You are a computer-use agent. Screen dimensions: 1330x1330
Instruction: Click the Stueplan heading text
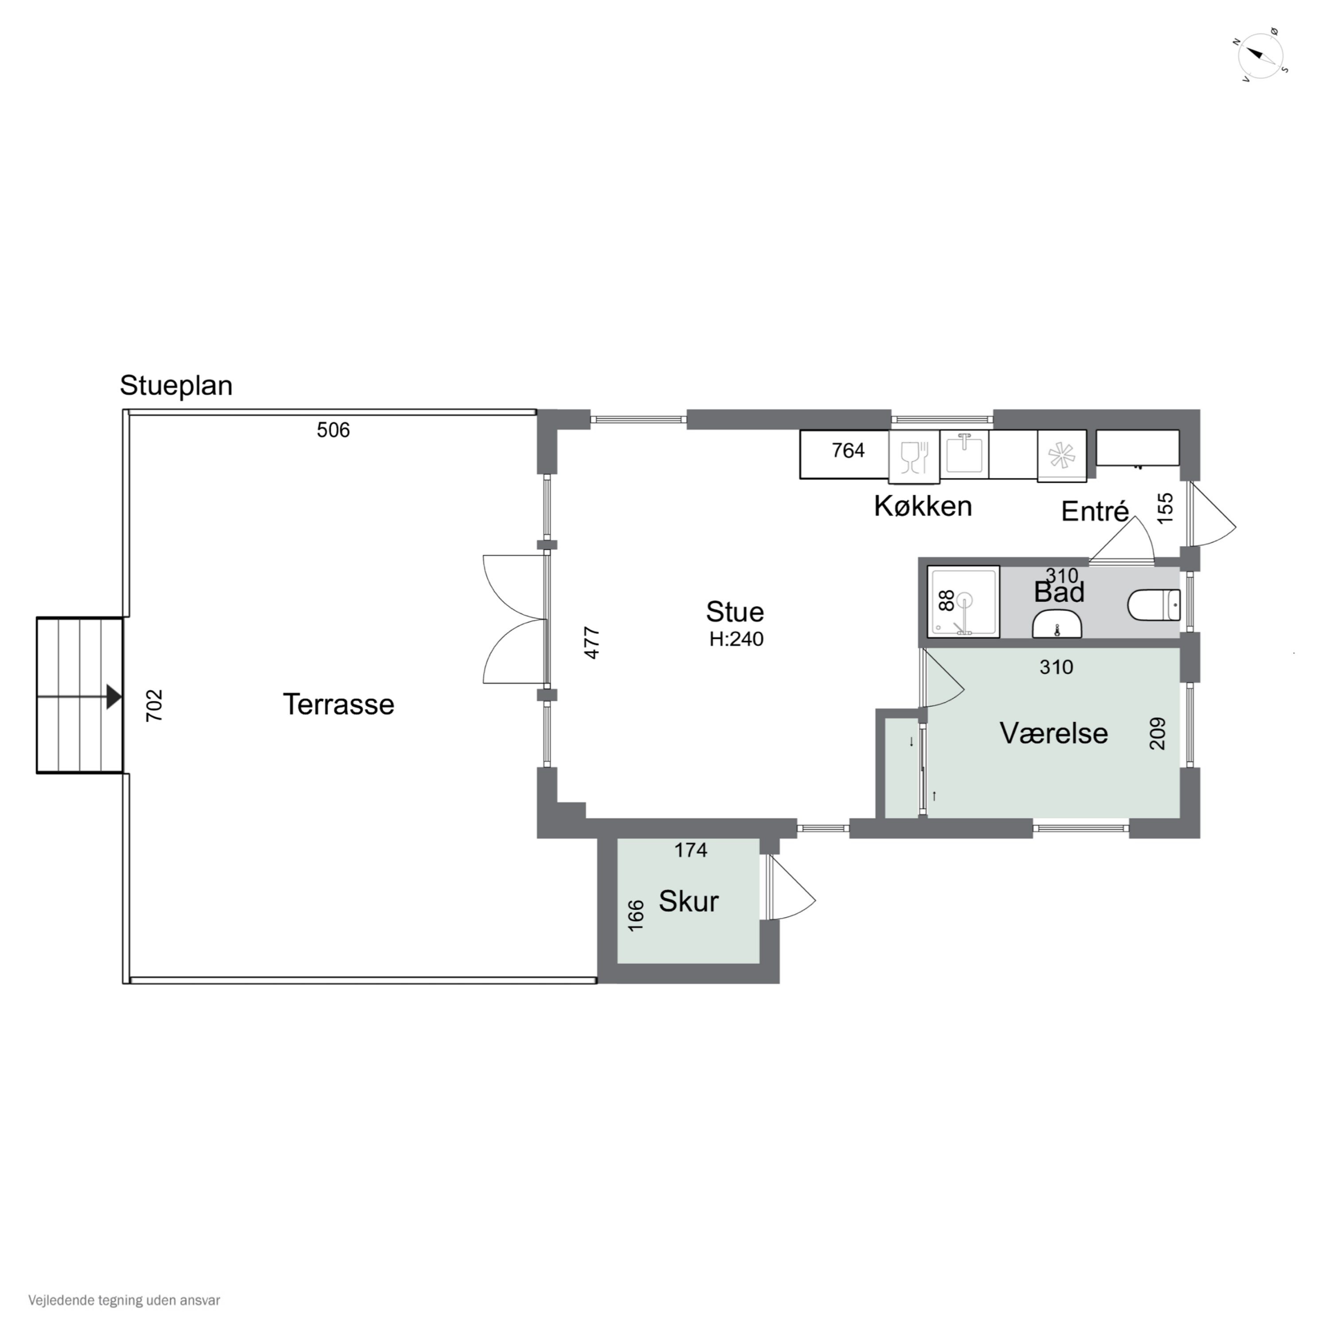176,386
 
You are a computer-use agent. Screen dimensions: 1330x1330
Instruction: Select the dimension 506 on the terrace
333,430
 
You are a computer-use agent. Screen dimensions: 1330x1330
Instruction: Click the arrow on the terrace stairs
113,696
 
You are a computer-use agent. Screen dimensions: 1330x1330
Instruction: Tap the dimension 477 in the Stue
592,642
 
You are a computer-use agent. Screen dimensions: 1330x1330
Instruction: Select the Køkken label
923,506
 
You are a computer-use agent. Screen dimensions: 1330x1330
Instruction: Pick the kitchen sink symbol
964,453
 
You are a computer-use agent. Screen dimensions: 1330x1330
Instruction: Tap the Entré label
1095,512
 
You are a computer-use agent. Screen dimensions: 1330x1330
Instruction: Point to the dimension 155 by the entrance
1165,508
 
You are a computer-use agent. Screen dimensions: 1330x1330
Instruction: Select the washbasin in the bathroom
1057,625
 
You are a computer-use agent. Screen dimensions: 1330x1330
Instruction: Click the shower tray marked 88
963,602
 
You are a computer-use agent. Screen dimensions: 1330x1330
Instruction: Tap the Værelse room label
1053,733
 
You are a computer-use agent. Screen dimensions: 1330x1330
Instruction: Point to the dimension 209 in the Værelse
1157,733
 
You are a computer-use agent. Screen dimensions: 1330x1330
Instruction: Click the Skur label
688,901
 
